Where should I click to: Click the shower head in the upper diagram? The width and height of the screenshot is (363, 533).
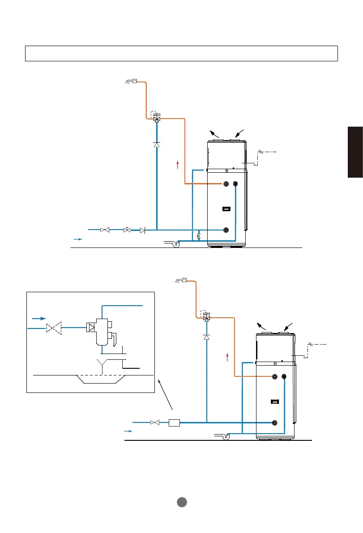pyautogui.click(x=131, y=81)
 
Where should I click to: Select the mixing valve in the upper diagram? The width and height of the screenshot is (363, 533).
pyautogui.click(x=157, y=118)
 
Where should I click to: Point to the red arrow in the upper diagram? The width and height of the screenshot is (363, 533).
pyautogui.click(x=178, y=165)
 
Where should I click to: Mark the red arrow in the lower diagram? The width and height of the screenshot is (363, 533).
pyautogui.click(x=228, y=357)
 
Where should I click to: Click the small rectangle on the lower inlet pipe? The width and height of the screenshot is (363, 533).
pyautogui.click(x=174, y=422)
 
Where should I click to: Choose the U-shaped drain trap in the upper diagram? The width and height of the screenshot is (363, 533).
pyautogui.click(x=174, y=243)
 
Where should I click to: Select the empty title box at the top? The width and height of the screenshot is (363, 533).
pyautogui.click(x=181, y=53)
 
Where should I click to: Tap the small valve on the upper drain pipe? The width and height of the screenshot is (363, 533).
pyautogui.click(x=199, y=235)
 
